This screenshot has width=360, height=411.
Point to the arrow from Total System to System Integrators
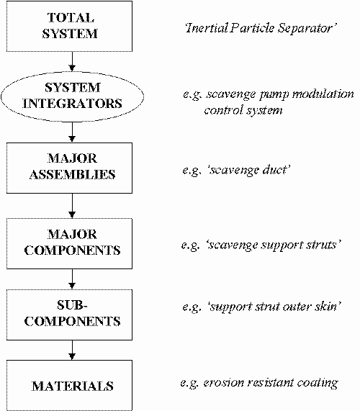point(72,61)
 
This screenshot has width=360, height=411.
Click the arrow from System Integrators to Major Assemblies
point(72,132)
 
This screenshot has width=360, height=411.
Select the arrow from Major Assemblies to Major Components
point(72,206)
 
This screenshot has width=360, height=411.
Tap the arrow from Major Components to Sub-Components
point(72,279)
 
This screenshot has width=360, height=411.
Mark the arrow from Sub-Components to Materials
point(72,350)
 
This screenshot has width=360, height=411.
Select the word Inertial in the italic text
point(207,28)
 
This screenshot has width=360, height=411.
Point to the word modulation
point(323,94)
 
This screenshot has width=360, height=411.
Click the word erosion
point(223,383)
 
